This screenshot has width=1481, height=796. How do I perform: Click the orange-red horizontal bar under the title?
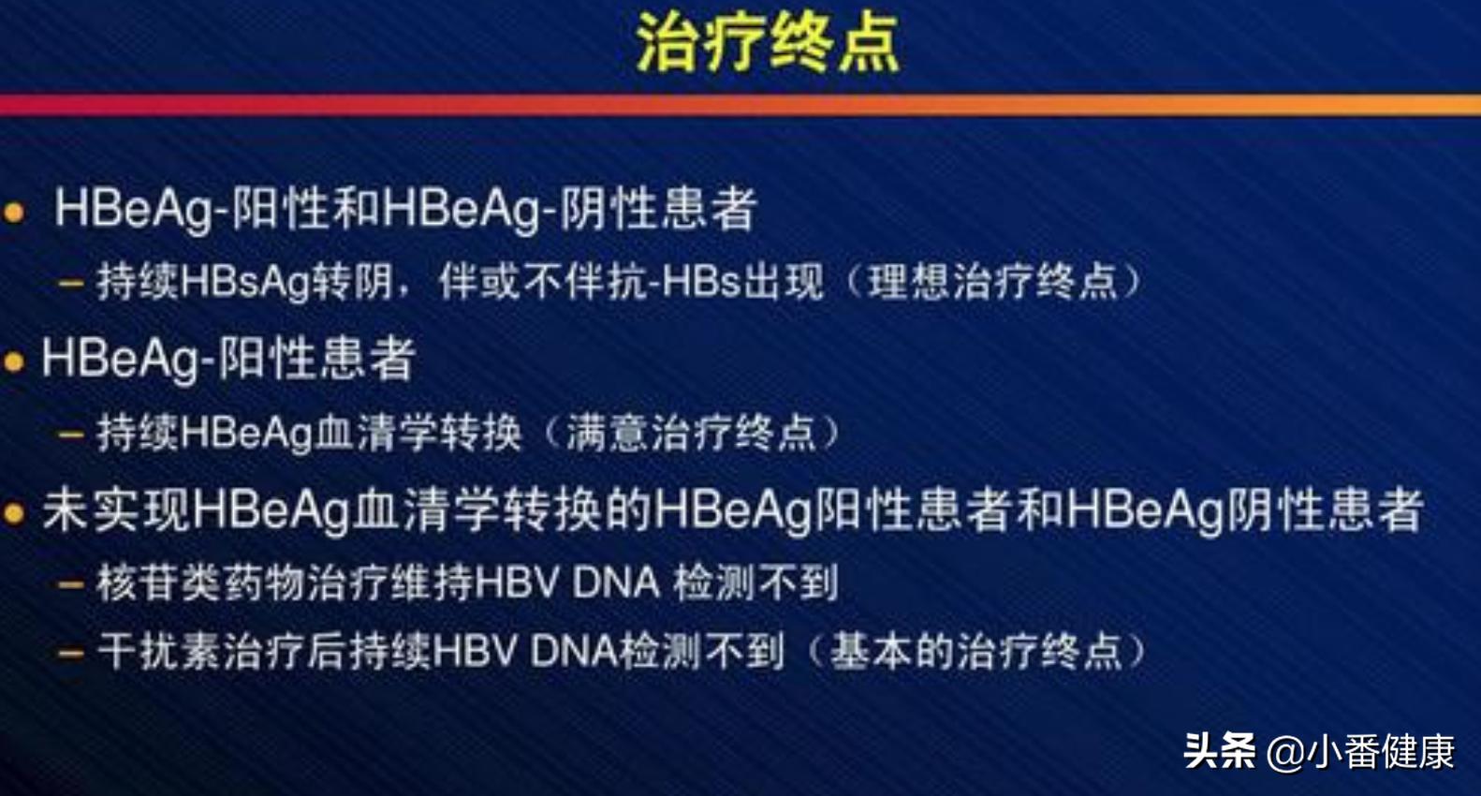click(x=740, y=105)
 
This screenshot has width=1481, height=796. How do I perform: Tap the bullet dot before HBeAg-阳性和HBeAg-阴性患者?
click(x=14, y=213)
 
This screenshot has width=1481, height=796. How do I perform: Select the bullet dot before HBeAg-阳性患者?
click(x=14, y=362)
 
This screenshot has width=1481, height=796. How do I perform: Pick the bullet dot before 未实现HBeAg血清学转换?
click(x=14, y=513)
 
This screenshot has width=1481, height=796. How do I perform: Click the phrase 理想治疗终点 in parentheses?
click(x=993, y=282)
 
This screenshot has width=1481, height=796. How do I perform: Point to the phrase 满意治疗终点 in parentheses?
click(x=691, y=434)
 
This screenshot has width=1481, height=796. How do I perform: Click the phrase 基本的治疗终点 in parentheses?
click(x=976, y=652)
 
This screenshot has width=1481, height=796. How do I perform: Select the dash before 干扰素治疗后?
click(x=71, y=653)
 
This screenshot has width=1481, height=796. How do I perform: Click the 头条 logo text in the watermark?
click(x=1219, y=751)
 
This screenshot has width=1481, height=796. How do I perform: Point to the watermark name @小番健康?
click(x=1362, y=752)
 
